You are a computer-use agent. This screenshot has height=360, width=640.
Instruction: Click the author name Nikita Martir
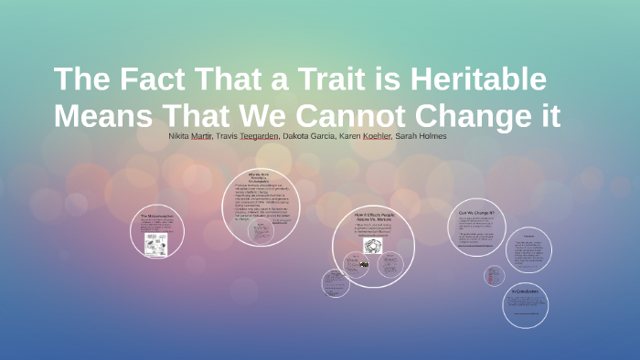[x=191, y=135]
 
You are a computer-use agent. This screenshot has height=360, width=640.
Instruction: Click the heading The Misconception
[x=157, y=215]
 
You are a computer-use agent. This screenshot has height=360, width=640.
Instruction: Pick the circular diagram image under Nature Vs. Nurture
[x=372, y=245]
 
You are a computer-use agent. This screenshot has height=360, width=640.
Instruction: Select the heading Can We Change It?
[x=475, y=213]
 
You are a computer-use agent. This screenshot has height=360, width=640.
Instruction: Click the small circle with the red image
[x=494, y=274]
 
